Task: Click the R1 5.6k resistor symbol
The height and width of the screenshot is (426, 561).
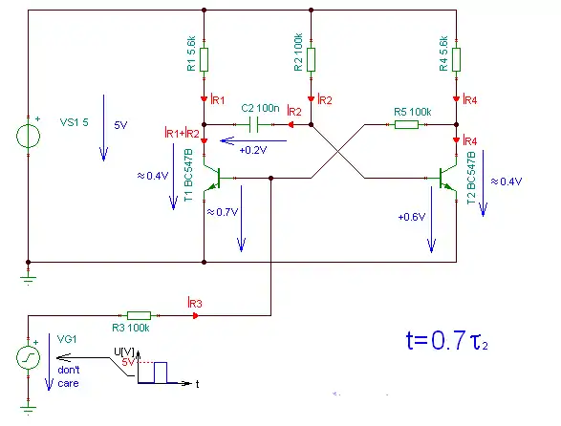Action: [204, 60]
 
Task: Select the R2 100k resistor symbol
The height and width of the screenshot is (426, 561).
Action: [311, 60]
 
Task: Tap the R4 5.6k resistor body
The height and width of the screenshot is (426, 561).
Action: [456, 60]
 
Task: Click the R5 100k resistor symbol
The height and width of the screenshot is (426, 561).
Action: [406, 124]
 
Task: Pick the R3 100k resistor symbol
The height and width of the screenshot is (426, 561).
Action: [139, 315]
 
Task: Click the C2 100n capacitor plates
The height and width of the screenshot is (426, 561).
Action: [253, 124]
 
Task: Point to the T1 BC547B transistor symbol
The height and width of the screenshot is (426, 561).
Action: [212, 178]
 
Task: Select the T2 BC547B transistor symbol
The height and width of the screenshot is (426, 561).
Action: [447, 178]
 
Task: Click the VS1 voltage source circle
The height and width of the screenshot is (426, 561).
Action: [29, 136]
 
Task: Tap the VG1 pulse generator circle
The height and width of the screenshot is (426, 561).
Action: [29, 357]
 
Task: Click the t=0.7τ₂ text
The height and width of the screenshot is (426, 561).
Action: [447, 340]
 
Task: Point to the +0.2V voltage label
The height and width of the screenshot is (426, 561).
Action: [253, 150]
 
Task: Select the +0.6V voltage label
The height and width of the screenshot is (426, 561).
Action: [412, 217]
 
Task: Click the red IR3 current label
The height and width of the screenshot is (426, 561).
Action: [195, 303]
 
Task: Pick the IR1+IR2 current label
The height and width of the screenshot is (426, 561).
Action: [182, 133]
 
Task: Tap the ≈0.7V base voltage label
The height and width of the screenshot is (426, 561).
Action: [223, 212]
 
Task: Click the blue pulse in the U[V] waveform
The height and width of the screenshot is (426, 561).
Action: [161, 373]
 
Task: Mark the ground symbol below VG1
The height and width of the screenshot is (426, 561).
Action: [29, 410]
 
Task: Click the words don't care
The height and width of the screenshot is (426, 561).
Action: [69, 376]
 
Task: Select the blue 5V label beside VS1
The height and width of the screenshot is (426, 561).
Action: [120, 125]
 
